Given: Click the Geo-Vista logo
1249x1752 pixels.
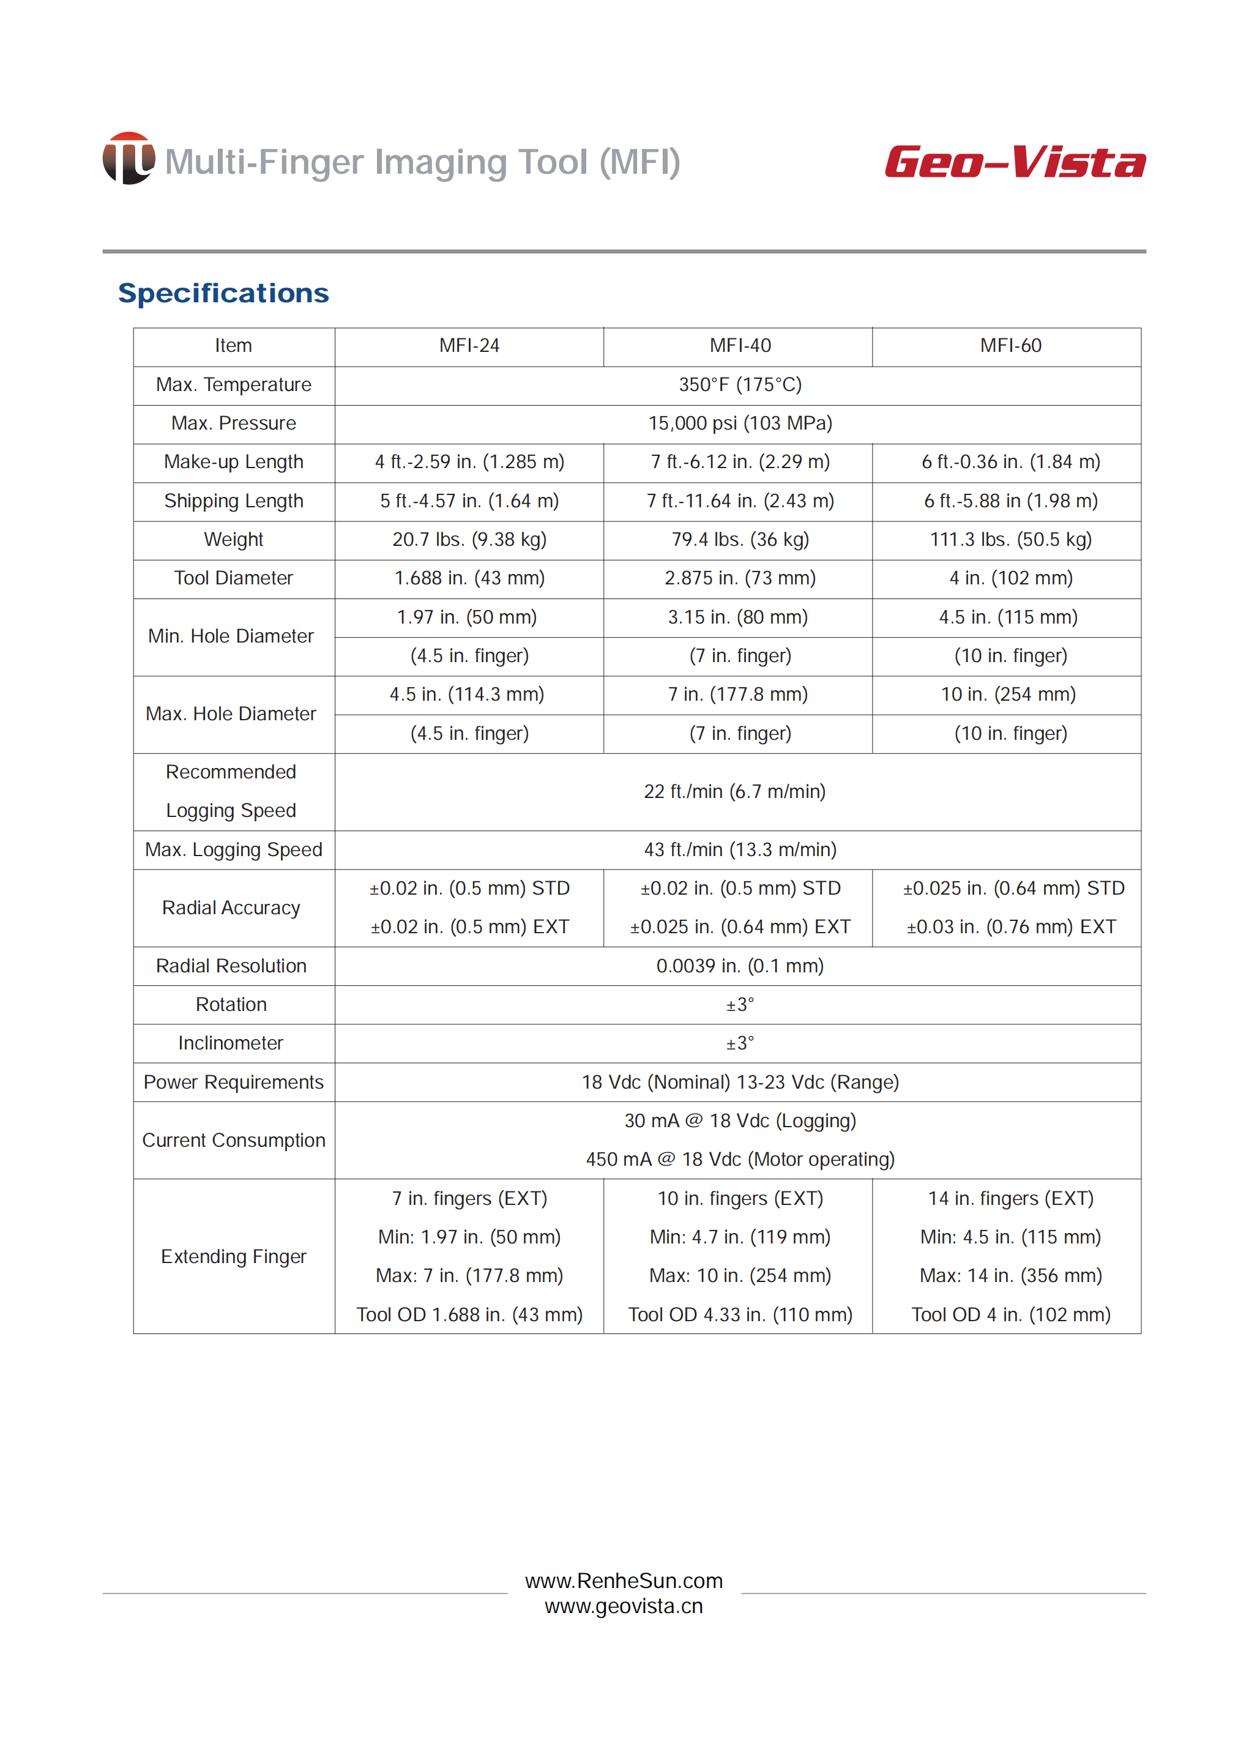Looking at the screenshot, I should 1015,162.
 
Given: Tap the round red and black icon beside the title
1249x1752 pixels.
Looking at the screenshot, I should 129,158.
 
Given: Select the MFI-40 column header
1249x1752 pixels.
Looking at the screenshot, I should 739,346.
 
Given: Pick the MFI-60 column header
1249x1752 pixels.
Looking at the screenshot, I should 1010,346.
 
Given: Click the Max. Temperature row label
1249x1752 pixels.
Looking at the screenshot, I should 234,384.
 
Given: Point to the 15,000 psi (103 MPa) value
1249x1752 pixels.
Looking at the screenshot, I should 739,423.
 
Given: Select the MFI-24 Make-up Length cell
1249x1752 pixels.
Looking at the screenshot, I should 469,462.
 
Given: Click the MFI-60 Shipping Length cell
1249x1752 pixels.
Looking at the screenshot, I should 1010,501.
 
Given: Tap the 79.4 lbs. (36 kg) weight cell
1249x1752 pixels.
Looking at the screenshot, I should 739,540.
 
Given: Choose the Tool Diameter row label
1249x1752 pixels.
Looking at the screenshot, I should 234,578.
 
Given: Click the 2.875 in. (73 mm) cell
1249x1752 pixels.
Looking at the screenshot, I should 739,578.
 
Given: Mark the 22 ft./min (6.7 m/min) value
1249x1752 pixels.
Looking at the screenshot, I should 734,791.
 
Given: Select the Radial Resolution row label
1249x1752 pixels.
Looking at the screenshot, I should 231,966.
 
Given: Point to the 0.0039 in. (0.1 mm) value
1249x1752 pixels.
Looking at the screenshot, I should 739,966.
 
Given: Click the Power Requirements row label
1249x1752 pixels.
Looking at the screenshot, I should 234,1082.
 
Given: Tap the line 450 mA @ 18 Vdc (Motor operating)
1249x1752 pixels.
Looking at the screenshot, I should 740,1160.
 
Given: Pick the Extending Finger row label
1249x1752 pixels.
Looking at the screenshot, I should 234,1257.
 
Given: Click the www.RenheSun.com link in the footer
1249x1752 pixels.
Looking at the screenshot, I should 624,1581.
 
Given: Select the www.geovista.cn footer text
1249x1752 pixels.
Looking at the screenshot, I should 624,1606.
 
